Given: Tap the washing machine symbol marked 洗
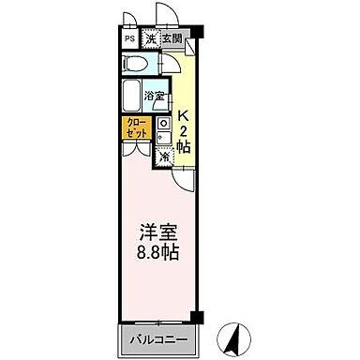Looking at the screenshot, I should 149,39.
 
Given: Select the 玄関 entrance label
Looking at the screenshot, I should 171,39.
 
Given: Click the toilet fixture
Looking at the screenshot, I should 136,64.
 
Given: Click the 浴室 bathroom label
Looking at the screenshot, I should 156,97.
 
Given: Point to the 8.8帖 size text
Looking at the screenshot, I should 157,253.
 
